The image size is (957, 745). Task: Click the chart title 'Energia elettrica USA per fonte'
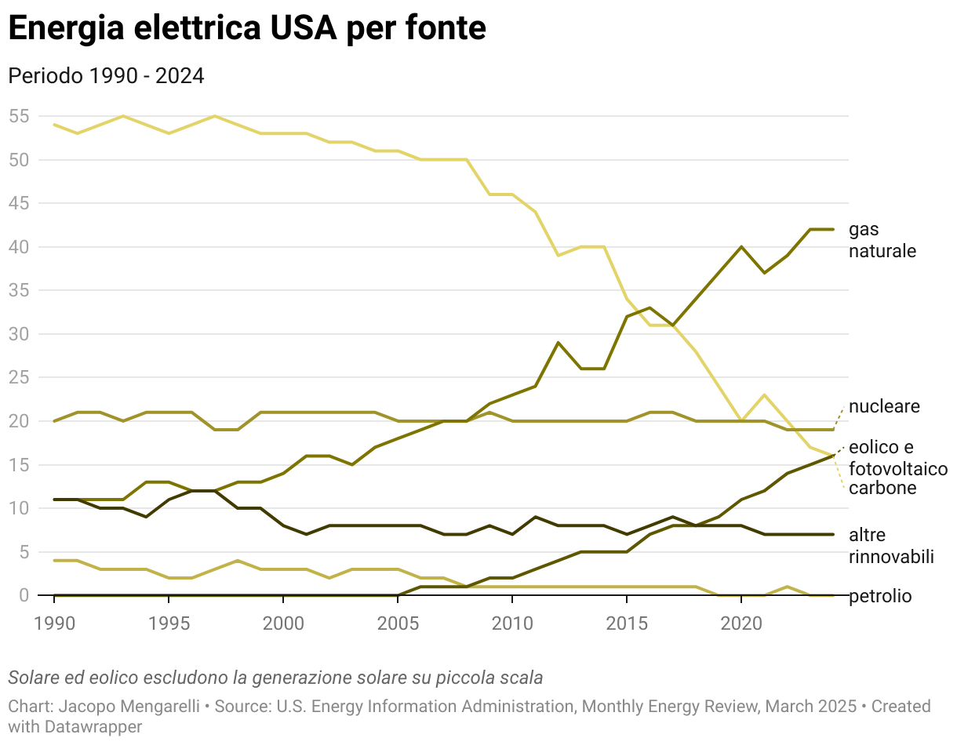(247, 29)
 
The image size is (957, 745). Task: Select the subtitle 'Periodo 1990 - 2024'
(106, 76)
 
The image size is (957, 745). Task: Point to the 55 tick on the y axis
(19, 117)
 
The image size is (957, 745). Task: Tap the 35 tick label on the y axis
(19, 291)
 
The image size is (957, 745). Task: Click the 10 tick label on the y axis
(19, 508)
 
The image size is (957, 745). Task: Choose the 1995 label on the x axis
(169, 623)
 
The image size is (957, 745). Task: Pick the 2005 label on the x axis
(397, 623)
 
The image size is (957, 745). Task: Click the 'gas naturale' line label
(882, 240)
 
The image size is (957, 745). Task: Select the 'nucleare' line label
(884, 406)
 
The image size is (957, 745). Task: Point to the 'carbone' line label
(882, 488)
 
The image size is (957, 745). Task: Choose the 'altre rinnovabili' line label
(891, 546)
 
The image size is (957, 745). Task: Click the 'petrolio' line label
(880, 596)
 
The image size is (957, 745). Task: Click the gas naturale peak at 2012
(558, 343)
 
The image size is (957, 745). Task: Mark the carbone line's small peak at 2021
(763, 395)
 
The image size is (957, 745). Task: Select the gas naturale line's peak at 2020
(740, 247)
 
